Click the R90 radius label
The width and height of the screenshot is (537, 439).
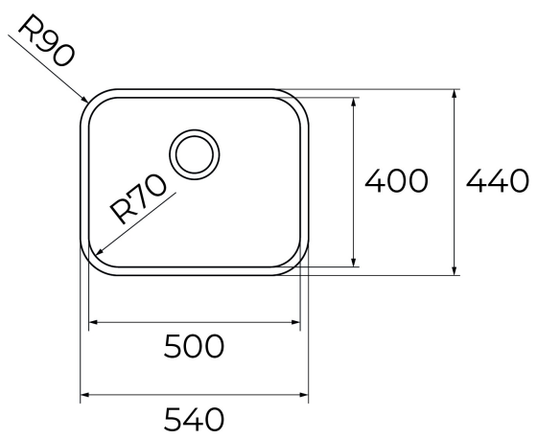46,40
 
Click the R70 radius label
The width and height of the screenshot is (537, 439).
138,199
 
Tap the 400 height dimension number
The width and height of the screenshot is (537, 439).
396,180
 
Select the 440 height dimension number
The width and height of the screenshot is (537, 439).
498,180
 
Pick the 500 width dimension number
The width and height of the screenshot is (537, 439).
194,346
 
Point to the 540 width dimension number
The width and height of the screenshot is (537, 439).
194,419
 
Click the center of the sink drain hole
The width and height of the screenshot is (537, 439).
194,154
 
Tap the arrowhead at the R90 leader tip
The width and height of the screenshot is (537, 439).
84,99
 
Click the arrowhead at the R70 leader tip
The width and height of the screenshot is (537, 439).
100,252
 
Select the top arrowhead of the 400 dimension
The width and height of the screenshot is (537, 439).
354,102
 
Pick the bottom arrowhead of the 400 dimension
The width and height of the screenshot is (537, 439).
354,263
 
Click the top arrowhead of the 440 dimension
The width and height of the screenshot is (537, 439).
455,94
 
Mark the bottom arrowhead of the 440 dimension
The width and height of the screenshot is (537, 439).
455,270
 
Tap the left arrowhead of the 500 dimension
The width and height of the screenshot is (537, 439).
94,322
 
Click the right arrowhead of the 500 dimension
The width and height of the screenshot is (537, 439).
295,322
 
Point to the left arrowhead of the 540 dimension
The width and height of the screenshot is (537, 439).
85,395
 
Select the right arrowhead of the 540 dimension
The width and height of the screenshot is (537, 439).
304,395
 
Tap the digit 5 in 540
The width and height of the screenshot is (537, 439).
173,419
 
